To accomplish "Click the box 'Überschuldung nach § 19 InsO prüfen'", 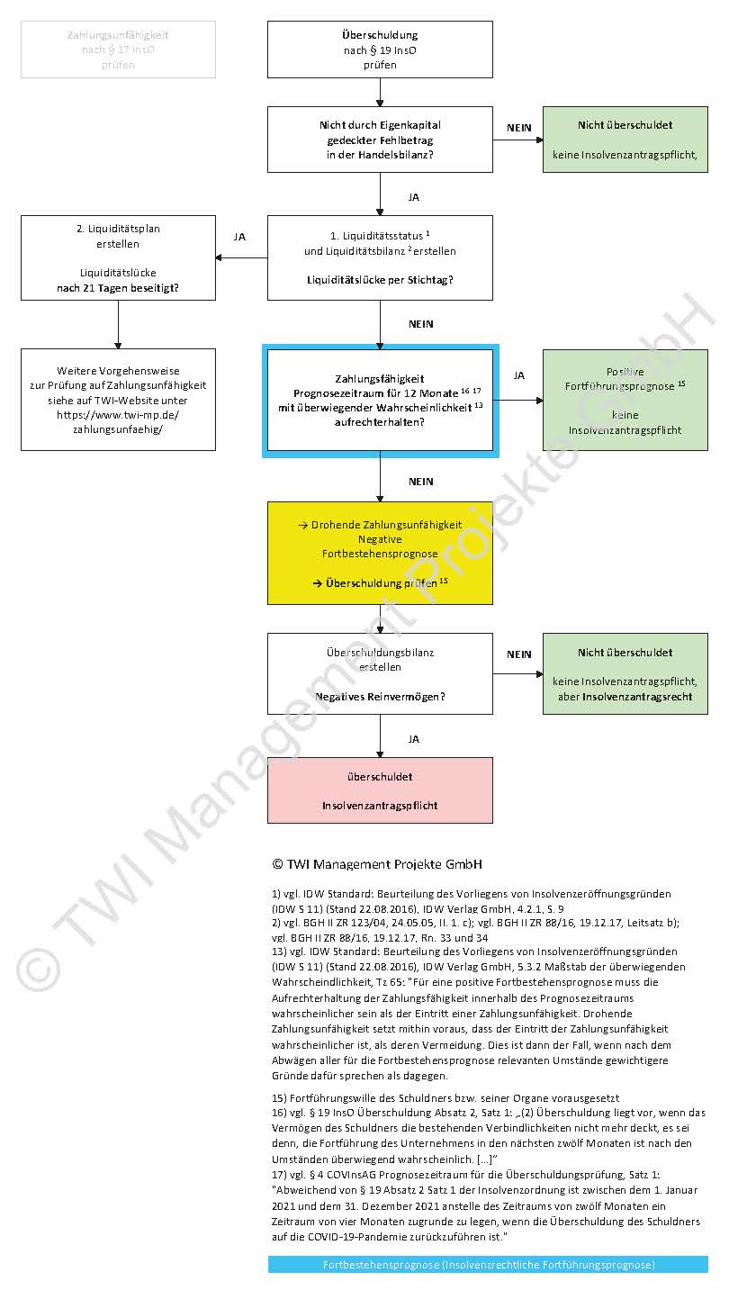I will tap(380, 50).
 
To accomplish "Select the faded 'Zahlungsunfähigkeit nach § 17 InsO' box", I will tap(118, 50).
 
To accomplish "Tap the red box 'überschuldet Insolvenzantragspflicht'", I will tap(380, 790).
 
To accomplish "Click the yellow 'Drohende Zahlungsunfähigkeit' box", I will tap(380, 553).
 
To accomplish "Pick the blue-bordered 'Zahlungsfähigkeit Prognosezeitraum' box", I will tap(380, 400).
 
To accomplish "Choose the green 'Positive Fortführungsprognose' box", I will tap(625, 400).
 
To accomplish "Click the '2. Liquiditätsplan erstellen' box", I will tap(118, 257).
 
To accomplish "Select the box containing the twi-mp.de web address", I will tap(118, 400).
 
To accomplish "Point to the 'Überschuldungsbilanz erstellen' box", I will tap(380, 673).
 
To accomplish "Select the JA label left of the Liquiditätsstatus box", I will tap(239, 237).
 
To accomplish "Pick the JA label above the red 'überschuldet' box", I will tap(413, 739).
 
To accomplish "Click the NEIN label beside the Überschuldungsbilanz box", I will tap(519, 654).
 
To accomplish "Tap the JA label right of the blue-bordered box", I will tap(518, 374).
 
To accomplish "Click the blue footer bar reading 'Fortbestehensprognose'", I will tap(488, 1265).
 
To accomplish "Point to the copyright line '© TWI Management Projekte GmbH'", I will tap(377, 864).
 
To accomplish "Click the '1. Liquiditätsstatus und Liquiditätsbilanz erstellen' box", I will tap(380, 257).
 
